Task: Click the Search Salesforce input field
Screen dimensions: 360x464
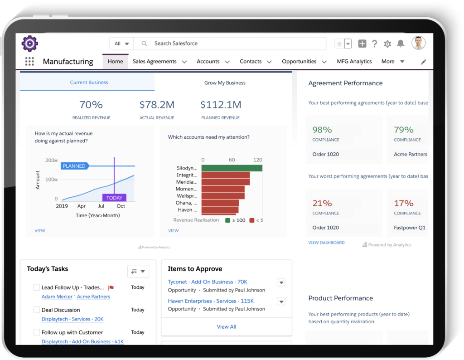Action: (236, 44)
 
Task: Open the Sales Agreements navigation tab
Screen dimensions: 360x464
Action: (155, 62)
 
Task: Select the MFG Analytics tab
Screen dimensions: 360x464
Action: (354, 62)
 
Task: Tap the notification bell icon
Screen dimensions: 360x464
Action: (401, 44)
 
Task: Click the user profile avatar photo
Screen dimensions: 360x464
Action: (418, 43)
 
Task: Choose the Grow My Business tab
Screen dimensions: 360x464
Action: (225, 83)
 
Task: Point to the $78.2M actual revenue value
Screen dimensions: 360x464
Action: (157, 105)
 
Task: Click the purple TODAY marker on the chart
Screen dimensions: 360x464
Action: (114, 198)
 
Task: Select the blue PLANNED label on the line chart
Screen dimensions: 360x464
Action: (74, 166)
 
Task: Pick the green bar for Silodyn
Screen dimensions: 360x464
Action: (232, 168)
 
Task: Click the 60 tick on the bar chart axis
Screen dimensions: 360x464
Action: (232, 160)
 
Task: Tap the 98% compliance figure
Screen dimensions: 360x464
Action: (322, 130)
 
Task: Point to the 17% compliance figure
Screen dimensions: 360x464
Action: (403, 204)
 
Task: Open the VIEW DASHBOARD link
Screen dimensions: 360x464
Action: (326, 243)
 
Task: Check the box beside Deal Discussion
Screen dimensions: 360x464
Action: (37, 310)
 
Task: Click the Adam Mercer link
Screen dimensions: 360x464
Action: (57, 297)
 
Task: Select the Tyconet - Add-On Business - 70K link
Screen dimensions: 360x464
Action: (208, 282)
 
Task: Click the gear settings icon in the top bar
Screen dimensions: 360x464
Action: (387, 44)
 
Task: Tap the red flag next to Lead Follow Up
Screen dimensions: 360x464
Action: (111, 287)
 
